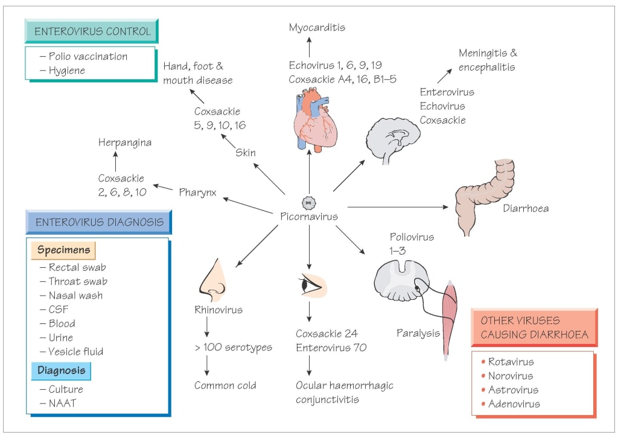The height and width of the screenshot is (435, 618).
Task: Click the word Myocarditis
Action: click(x=317, y=28)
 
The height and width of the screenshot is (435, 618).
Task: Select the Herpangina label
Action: click(x=125, y=142)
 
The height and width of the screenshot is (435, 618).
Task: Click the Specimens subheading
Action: click(x=64, y=250)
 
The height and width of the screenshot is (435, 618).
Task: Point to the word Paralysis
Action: click(x=418, y=332)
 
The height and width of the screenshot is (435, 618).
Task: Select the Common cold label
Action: click(x=225, y=385)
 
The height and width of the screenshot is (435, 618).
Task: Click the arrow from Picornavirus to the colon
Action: click(x=399, y=208)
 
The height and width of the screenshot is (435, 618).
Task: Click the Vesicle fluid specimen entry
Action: click(x=75, y=351)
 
